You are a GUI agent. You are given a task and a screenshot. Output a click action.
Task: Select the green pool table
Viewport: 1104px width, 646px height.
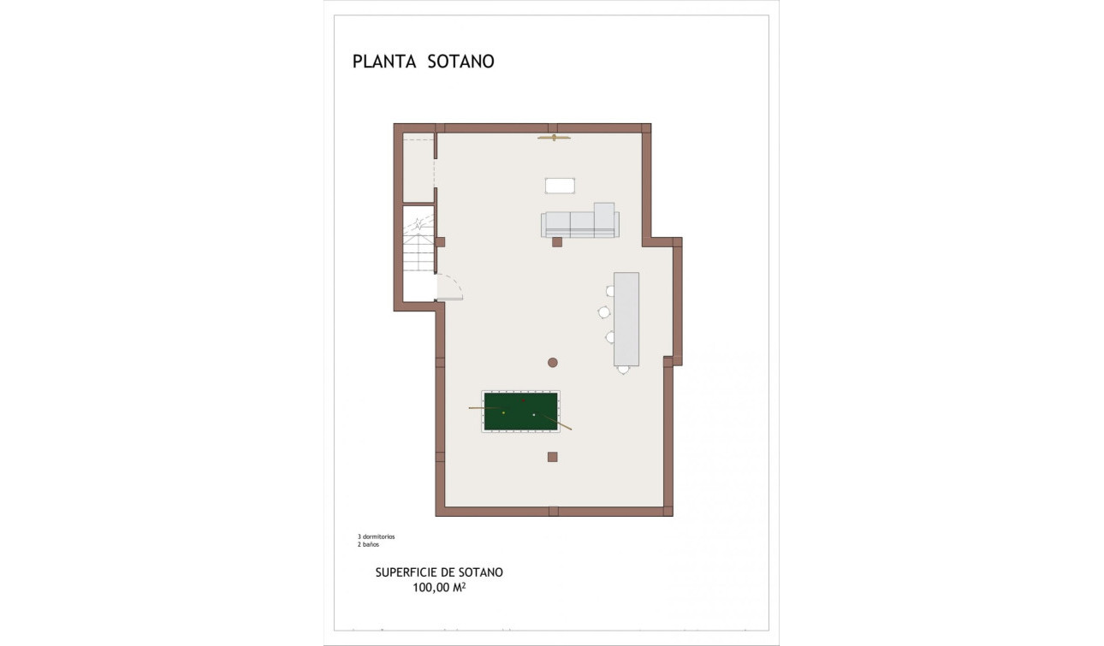[x=520, y=412]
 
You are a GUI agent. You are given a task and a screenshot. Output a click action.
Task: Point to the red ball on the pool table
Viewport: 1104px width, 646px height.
[x=524, y=400]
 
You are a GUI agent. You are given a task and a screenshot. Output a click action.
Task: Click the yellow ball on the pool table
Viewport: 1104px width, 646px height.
[x=503, y=413]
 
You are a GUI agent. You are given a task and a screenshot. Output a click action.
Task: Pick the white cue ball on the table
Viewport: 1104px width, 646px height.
[x=533, y=415]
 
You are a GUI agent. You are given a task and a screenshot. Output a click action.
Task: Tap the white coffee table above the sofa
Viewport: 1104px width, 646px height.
[x=560, y=186]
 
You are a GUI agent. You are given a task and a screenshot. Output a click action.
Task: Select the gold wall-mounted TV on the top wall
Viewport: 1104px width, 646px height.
[x=554, y=137]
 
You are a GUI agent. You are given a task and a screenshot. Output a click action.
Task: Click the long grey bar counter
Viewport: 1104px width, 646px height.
[x=626, y=318]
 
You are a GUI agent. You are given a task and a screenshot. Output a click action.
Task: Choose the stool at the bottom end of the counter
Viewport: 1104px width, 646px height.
[x=623, y=370]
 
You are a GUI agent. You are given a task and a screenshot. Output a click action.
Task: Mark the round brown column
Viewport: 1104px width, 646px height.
[x=553, y=363]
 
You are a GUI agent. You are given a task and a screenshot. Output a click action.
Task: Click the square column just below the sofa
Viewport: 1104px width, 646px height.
[x=556, y=242]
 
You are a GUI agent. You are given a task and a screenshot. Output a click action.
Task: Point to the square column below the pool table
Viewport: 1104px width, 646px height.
[x=553, y=457]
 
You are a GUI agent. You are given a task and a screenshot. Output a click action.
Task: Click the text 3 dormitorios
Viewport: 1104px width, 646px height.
[x=377, y=536]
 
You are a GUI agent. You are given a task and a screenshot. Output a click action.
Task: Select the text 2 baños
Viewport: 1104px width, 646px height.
[x=368, y=544]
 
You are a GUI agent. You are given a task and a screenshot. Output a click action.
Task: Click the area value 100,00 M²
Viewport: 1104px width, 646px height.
[x=439, y=587]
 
